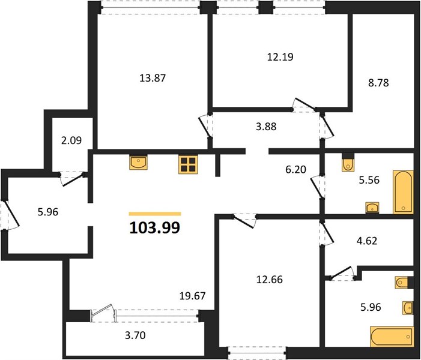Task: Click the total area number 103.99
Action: click(155, 228)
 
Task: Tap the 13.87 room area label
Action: click(153, 78)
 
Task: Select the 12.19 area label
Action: click(280, 57)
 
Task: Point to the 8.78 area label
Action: click(378, 83)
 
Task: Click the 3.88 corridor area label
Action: click(266, 127)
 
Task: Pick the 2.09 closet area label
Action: click(71, 140)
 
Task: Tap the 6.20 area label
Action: click(295, 170)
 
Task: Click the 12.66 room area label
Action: click(270, 280)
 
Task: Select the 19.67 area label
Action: click(193, 296)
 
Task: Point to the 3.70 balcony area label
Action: click(135, 335)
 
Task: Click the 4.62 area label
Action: click(367, 241)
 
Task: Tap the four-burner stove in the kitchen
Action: click(188, 165)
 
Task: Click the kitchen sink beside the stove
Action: click(138, 162)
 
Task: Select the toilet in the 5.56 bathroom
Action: click(348, 163)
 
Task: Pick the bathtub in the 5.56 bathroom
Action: click(403, 192)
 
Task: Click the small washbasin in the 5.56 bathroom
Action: click(372, 208)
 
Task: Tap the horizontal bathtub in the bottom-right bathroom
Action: click(392, 337)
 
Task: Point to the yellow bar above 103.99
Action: click(155, 214)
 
